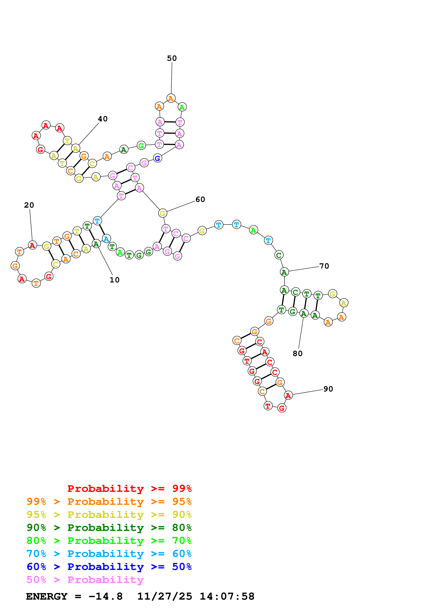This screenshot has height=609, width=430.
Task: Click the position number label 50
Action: pyautogui.click(x=172, y=58)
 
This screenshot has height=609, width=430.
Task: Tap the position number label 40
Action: pyautogui.click(x=103, y=119)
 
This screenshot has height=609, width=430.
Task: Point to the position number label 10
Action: pyautogui.click(x=114, y=280)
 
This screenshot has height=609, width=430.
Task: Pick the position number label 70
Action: pyautogui.click(x=324, y=266)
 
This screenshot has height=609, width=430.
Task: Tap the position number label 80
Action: pyautogui.click(x=297, y=354)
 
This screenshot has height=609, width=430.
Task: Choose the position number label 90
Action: pyautogui.click(x=328, y=389)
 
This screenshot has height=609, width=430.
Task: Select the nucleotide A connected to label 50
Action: pyautogui.click(x=171, y=98)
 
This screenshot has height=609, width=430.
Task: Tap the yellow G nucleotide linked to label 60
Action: pyautogui.click(x=162, y=213)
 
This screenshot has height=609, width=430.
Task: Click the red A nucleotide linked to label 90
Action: pyautogui.click(x=288, y=395)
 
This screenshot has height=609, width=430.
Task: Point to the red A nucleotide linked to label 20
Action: pyautogui.click(x=32, y=245)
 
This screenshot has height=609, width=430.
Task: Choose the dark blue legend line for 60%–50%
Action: pyautogui.click(x=109, y=567)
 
